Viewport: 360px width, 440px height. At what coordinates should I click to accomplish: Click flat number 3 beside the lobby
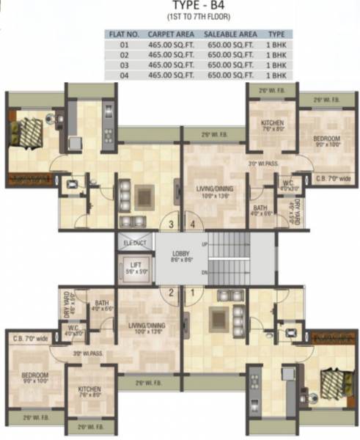tap(171, 224)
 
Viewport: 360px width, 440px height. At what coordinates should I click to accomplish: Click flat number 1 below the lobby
tap(193, 294)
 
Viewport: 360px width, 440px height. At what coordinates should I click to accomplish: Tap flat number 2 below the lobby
tap(171, 294)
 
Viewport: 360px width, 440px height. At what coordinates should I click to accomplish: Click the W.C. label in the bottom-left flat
tap(73, 329)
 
